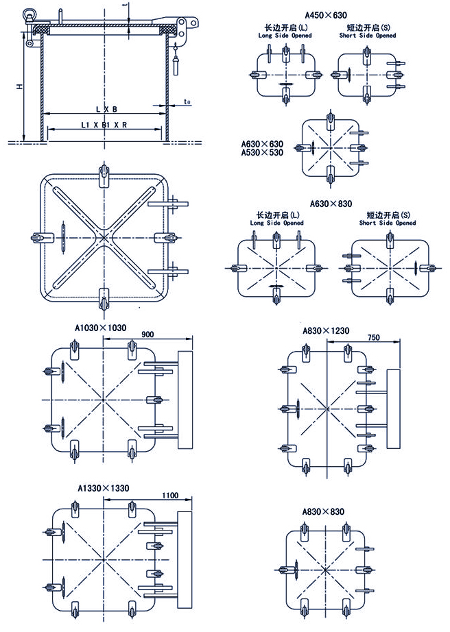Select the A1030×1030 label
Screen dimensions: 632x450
(x=100, y=328)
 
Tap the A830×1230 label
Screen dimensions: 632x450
(x=326, y=330)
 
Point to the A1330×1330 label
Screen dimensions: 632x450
(x=103, y=488)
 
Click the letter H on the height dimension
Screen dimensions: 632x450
(x=20, y=86)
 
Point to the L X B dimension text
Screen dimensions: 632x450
(x=106, y=109)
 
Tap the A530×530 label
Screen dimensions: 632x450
(x=261, y=153)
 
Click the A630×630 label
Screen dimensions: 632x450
(x=261, y=144)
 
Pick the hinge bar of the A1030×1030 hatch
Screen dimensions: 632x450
(x=185, y=400)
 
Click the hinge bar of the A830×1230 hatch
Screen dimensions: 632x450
(x=393, y=409)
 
